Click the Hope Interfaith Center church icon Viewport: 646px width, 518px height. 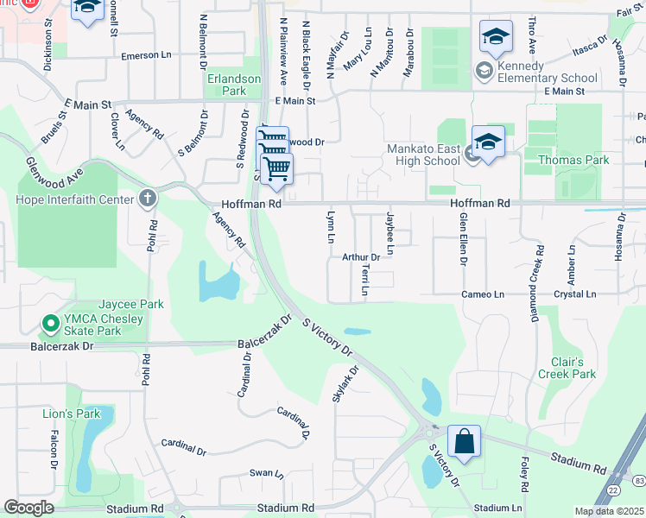pyautogui.click(x=148, y=199)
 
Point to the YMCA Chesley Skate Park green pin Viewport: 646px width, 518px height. pyautogui.click(x=50, y=325)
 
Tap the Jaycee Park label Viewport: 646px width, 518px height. pyautogui.click(x=131, y=305)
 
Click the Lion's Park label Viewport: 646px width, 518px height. pyautogui.click(x=72, y=414)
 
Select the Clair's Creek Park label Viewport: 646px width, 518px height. pyautogui.click(x=573, y=368)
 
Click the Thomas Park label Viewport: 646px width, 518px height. pyautogui.click(x=573, y=160)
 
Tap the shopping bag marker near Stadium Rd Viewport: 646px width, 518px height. pyautogui.click(x=464, y=442)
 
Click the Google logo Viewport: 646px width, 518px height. pyautogui.click(x=28, y=508)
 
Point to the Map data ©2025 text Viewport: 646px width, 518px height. pyautogui.click(x=608, y=511)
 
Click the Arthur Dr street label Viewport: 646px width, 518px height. pyautogui.click(x=361, y=257)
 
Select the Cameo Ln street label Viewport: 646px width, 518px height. pyautogui.click(x=482, y=294)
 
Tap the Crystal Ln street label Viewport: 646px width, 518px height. pyautogui.click(x=575, y=294)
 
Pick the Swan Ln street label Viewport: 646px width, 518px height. pyautogui.click(x=266, y=473)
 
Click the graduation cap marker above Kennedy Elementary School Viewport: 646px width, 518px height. pyautogui.click(x=496, y=37)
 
